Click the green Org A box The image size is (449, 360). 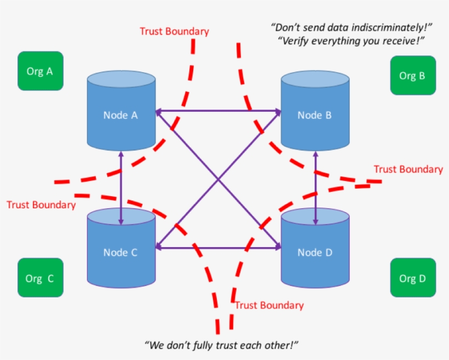[x=40, y=71]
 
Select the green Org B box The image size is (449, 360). [x=412, y=75]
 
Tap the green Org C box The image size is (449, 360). [x=40, y=278]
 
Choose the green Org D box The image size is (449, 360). [x=412, y=278]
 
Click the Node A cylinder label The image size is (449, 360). [x=120, y=115]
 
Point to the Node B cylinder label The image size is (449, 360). [x=314, y=115]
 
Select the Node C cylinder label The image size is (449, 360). [x=120, y=253]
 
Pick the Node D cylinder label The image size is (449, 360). [x=314, y=253]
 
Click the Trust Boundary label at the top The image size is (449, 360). [x=174, y=31]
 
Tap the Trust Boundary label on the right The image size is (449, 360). [x=408, y=169]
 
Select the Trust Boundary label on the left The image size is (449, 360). [x=41, y=205]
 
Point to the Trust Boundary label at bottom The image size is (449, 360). [x=269, y=305]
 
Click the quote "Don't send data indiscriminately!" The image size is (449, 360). [x=353, y=26]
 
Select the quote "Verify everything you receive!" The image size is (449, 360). [x=352, y=41]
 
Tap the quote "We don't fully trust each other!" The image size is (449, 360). [x=221, y=345]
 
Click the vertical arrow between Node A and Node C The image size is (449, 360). [x=121, y=186]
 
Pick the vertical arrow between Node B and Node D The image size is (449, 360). [x=315, y=186]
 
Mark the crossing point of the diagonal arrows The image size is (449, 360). [x=218, y=179]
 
